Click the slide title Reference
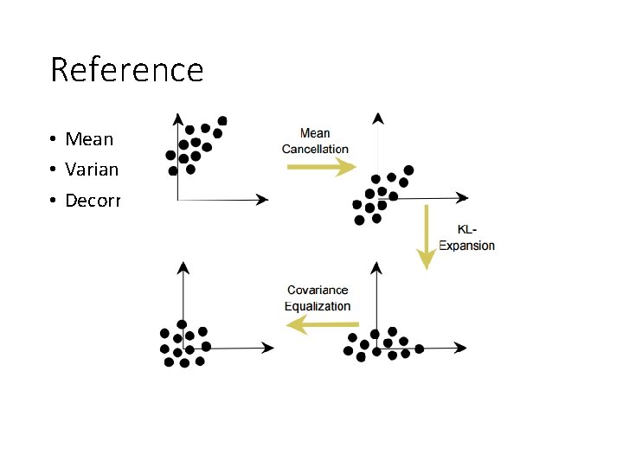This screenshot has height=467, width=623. [x=127, y=70]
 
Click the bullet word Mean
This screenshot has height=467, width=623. [x=89, y=139]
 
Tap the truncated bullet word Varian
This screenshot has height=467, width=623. [x=91, y=170]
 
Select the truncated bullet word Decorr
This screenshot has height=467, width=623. [x=93, y=202]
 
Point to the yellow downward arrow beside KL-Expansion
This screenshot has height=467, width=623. [x=426, y=238]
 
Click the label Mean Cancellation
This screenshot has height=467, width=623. [x=315, y=141]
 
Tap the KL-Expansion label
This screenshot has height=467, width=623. [x=467, y=238]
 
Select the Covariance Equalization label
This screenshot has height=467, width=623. [x=318, y=298]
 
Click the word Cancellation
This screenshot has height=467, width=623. [x=315, y=149]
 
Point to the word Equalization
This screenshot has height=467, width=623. [x=318, y=306]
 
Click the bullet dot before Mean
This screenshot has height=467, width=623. [x=54, y=140]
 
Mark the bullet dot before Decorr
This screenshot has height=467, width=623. [x=54, y=202]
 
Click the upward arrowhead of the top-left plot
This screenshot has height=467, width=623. [x=177, y=118]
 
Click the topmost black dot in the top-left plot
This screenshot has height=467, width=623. [x=222, y=120]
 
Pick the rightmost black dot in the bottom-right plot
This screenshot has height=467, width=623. [x=420, y=349]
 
